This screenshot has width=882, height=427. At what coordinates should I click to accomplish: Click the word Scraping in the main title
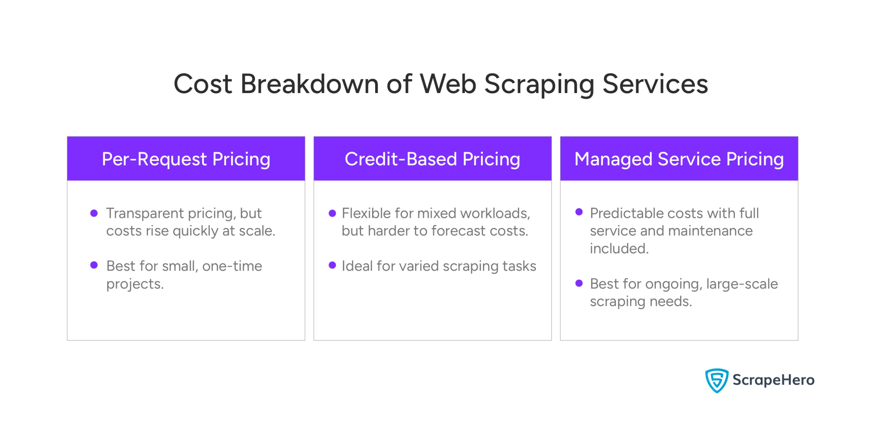tap(539, 85)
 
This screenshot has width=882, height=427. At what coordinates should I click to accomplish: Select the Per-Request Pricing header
tap(186, 159)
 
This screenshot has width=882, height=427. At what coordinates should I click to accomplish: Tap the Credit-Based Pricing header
tap(432, 159)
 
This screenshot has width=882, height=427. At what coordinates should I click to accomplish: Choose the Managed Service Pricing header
tap(679, 159)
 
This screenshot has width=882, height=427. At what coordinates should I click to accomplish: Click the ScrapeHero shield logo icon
tap(716, 380)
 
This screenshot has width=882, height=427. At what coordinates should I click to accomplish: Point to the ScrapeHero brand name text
tap(773, 380)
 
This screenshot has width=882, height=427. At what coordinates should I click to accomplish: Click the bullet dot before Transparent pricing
tap(94, 213)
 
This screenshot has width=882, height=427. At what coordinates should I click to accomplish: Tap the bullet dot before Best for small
tap(94, 265)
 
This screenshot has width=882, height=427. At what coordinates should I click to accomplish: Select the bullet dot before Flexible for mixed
tap(332, 213)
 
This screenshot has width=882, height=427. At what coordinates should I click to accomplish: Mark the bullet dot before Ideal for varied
tap(332, 265)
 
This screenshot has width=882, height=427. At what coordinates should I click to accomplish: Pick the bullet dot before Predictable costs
tap(579, 212)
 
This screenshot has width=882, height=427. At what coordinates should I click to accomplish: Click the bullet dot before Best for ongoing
tap(579, 283)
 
